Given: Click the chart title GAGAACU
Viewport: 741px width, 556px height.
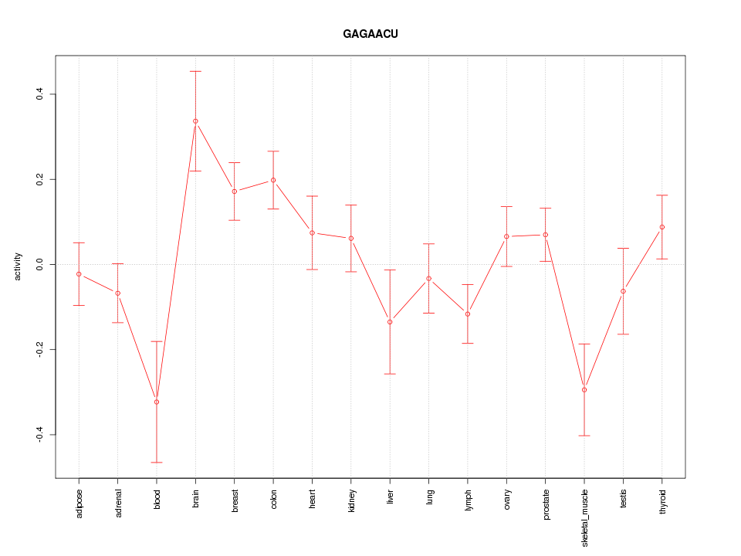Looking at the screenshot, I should (x=370, y=34).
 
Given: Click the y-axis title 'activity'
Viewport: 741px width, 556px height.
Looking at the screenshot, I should (x=19, y=266).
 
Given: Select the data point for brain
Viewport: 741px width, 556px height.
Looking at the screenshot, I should (x=195, y=121).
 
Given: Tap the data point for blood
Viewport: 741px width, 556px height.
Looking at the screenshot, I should (x=157, y=402).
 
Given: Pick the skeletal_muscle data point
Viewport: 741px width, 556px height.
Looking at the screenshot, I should (x=584, y=390).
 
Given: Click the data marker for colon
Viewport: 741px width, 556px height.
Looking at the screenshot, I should (x=273, y=180).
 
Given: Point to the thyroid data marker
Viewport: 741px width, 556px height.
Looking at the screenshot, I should (x=662, y=227).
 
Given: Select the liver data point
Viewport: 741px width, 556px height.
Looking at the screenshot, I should (x=390, y=322).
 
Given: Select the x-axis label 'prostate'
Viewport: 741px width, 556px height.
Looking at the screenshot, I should (x=546, y=503).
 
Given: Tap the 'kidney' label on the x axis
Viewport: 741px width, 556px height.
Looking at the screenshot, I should (x=351, y=500).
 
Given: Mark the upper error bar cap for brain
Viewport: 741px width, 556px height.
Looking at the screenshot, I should (x=195, y=71).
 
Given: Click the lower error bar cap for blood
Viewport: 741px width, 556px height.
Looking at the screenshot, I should (x=157, y=463).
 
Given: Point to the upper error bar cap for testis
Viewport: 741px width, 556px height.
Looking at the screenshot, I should (x=623, y=248).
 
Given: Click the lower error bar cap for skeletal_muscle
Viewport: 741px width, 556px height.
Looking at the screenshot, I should (x=584, y=436).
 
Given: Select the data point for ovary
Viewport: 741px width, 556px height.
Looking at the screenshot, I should (x=506, y=236).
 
